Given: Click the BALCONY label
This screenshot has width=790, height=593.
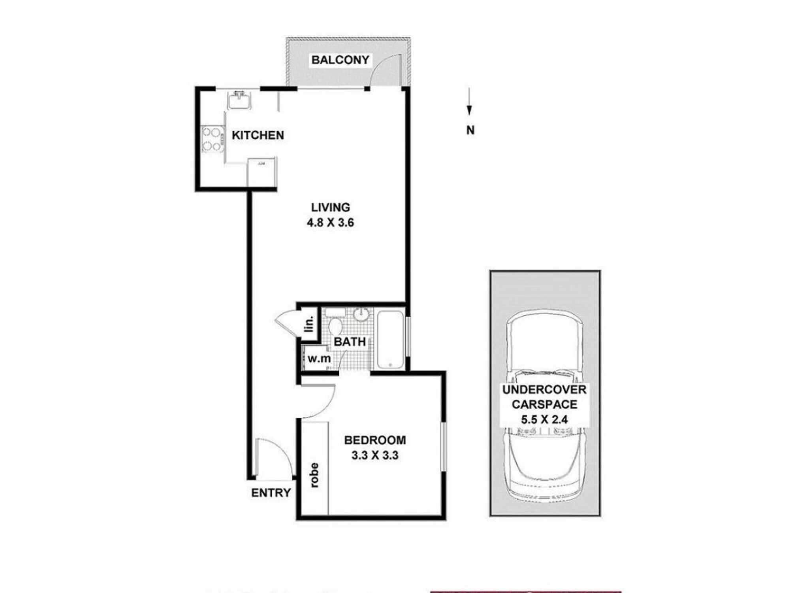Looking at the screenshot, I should click(x=340, y=60).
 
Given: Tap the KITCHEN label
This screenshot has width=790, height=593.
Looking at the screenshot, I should click(x=258, y=135).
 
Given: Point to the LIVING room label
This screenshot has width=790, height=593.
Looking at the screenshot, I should click(x=331, y=207).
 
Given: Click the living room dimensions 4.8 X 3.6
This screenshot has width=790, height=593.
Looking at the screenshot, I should click(x=331, y=223).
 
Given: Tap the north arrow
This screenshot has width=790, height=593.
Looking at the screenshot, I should click(x=469, y=102).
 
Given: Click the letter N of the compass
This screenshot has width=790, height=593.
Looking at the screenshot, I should click(x=470, y=130).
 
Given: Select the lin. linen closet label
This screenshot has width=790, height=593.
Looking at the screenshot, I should click(x=310, y=324).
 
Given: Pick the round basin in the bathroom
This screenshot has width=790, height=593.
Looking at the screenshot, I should click(x=361, y=315).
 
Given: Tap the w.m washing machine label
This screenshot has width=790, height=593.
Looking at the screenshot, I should click(x=319, y=359).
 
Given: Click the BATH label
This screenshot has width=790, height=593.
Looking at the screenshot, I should click(x=350, y=342).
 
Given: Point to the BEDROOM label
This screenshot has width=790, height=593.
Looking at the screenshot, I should click(x=375, y=440).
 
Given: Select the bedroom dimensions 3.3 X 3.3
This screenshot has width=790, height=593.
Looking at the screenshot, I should click(x=375, y=455).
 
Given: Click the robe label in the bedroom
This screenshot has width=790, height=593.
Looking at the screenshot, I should click(x=314, y=475).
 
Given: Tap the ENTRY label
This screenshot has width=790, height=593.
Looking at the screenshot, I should click(x=271, y=493).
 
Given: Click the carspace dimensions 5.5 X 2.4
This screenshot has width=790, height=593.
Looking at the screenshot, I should click(x=544, y=419).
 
